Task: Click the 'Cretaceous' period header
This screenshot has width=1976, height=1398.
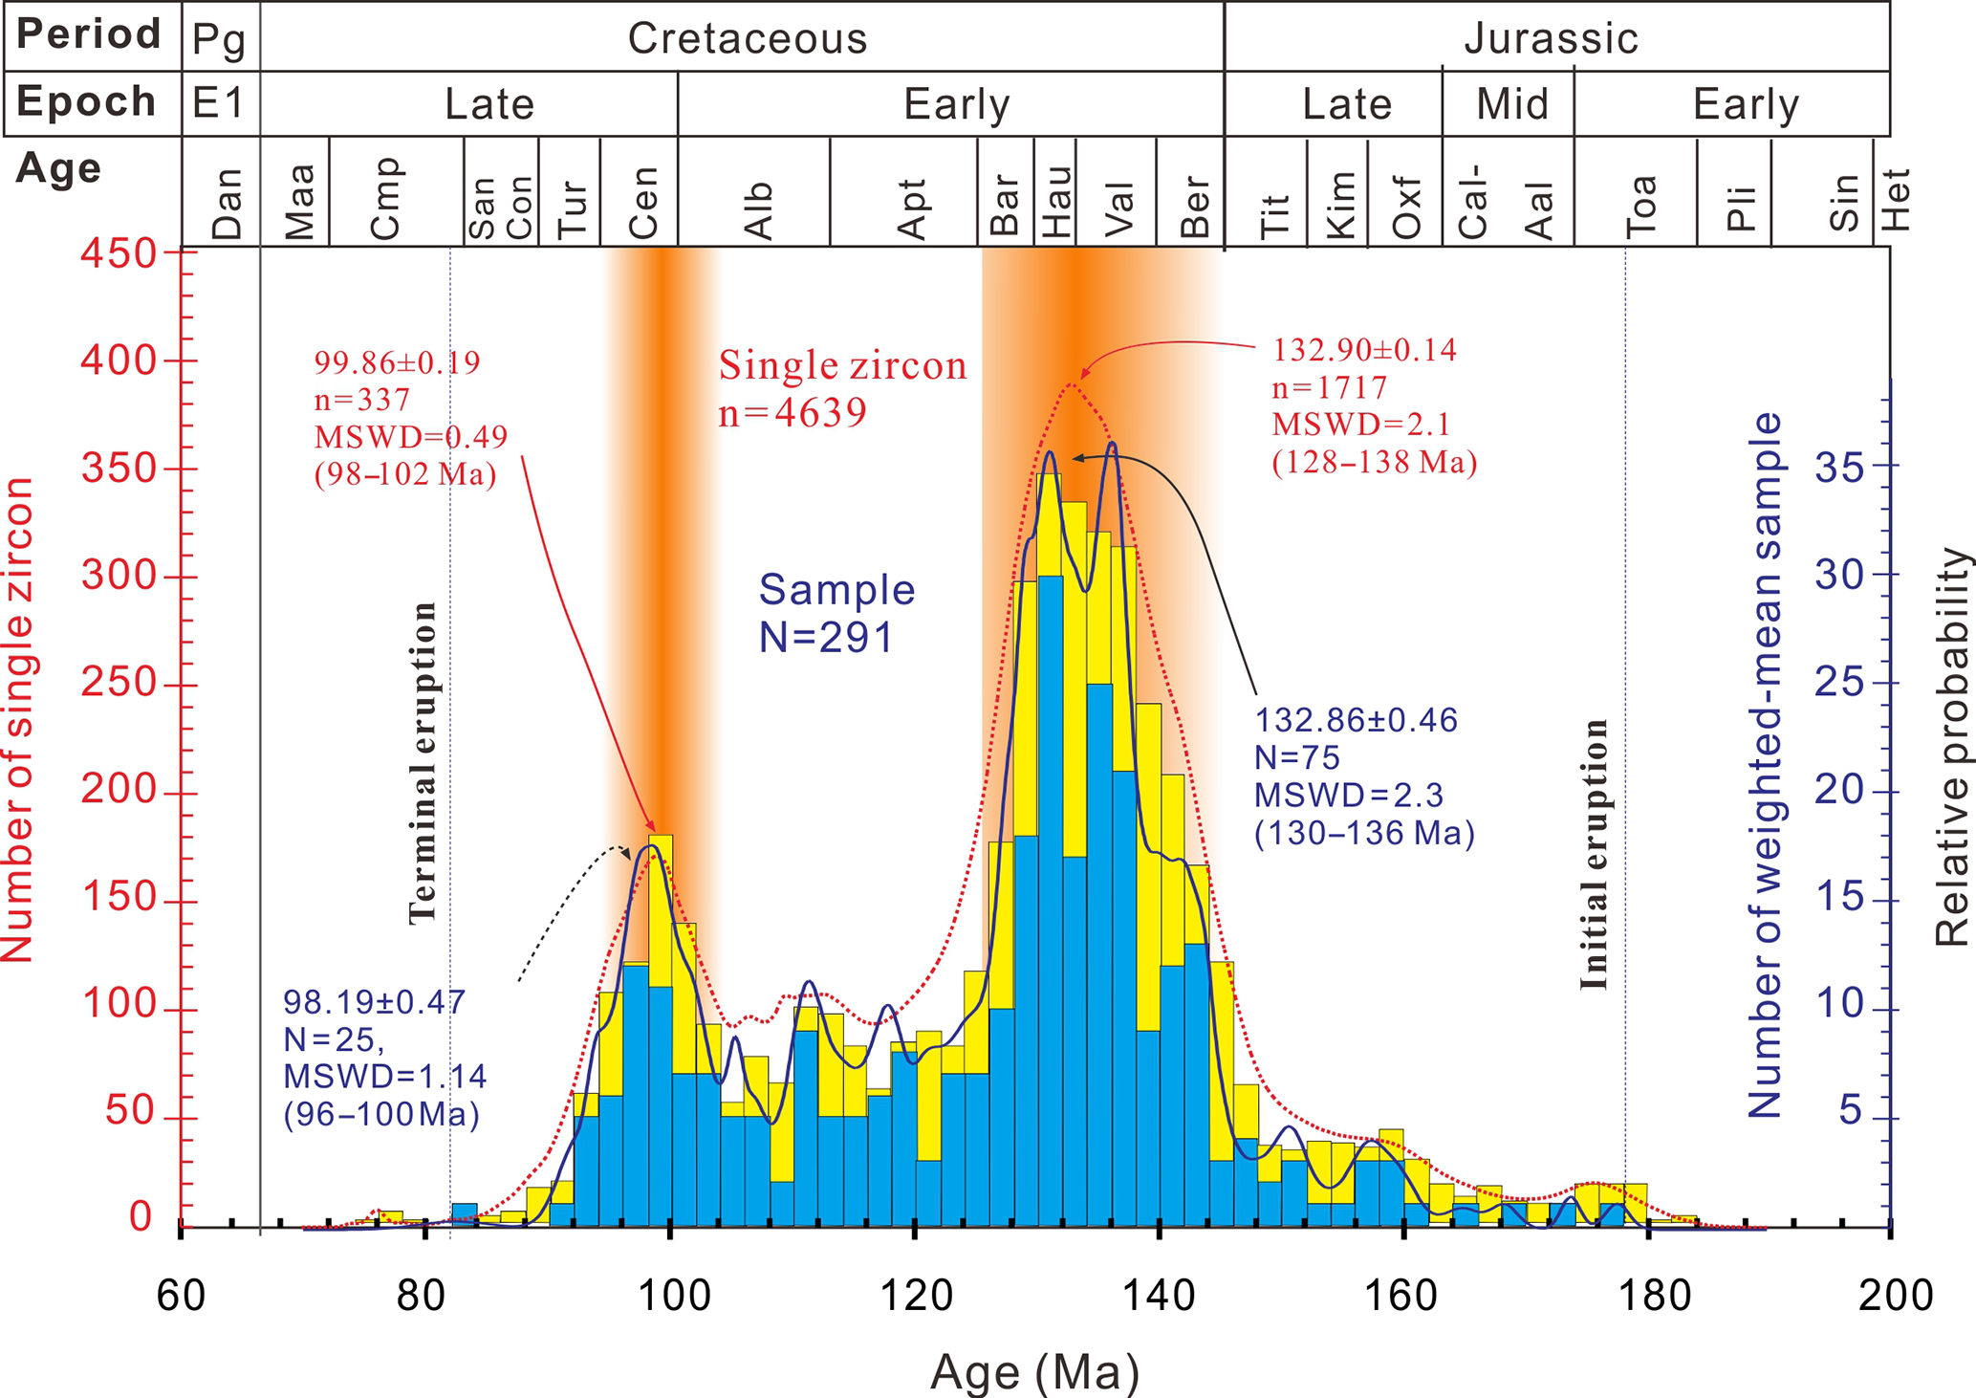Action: point(747,38)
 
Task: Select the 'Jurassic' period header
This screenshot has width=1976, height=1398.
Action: point(1551,38)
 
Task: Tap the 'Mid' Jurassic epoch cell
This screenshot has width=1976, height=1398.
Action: point(1511,103)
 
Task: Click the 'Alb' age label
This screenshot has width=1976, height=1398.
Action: point(757,210)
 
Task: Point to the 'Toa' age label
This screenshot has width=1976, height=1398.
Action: point(1640,206)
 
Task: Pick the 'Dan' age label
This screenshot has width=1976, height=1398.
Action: point(228,203)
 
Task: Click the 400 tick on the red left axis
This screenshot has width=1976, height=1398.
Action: point(118,360)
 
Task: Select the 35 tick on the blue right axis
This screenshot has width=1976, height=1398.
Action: point(1839,468)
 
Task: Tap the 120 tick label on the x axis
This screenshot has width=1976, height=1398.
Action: point(915,1296)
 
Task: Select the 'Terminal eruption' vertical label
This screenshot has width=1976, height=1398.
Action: point(422,762)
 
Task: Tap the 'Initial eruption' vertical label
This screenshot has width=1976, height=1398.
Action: point(1594,854)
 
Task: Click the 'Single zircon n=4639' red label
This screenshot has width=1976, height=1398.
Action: point(841,388)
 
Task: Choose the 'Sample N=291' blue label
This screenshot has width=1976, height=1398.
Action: point(836,613)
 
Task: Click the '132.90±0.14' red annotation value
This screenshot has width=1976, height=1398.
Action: point(1363,350)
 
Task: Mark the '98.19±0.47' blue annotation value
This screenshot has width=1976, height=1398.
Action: point(374,1002)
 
